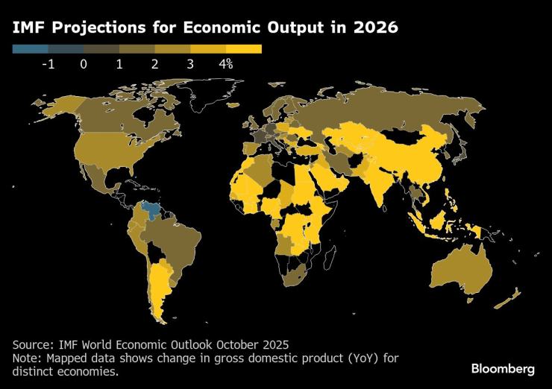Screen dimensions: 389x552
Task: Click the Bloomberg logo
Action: (x=503, y=369)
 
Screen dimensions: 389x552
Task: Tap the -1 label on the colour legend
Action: (x=48, y=64)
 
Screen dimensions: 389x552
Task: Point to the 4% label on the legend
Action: (x=226, y=64)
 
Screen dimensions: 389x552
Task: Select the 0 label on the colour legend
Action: (x=84, y=64)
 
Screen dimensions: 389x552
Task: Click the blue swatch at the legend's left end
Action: (x=30, y=49)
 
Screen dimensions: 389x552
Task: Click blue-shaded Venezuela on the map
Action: (x=153, y=208)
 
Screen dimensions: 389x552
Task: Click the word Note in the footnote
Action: (x=27, y=358)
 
